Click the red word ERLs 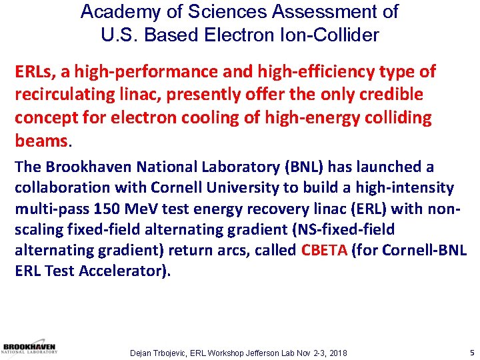[34, 72]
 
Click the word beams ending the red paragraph [41, 141]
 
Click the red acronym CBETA [325, 251]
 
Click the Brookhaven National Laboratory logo [30, 349]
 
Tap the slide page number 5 [471, 351]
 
